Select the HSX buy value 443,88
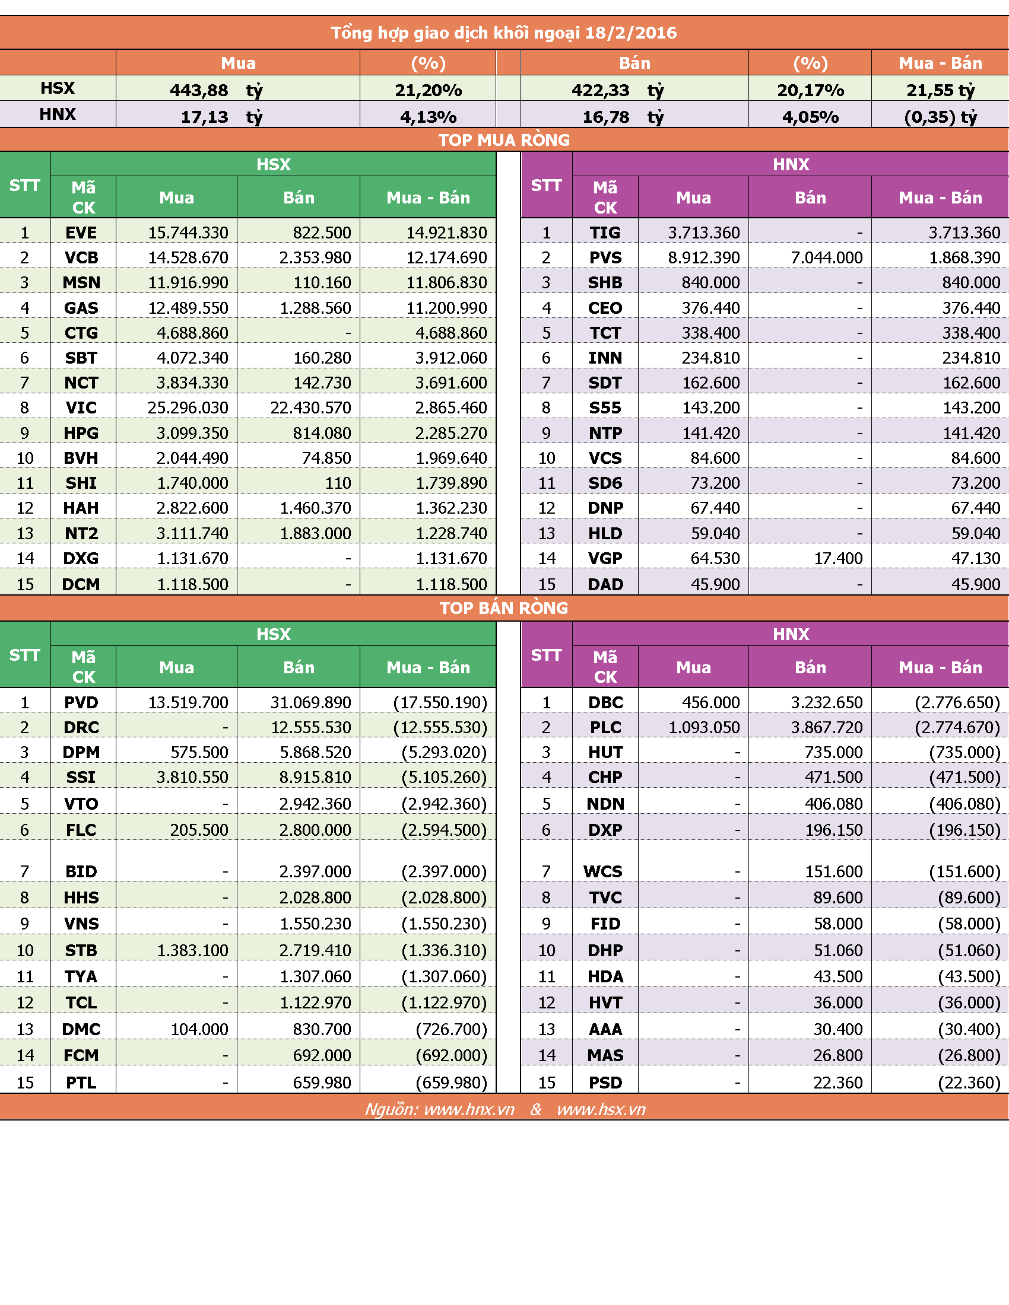[x=199, y=90]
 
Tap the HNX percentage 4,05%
[x=811, y=116]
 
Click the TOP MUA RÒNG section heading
[x=504, y=140]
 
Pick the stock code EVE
[x=81, y=233]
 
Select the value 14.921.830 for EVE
[x=446, y=233]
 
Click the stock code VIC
[x=81, y=408]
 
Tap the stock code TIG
[x=605, y=233]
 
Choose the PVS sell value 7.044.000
[x=827, y=257]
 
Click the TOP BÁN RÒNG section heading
[x=504, y=607]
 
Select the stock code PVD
[x=81, y=702]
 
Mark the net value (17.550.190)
[x=440, y=702]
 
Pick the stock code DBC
[x=605, y=702]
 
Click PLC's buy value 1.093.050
[x=704, y=727]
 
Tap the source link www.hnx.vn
[x=469, y=1110]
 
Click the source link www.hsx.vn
[x=601, y=1110]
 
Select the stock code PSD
[x=605, y=1083]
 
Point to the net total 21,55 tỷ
[x=940, y=90]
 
